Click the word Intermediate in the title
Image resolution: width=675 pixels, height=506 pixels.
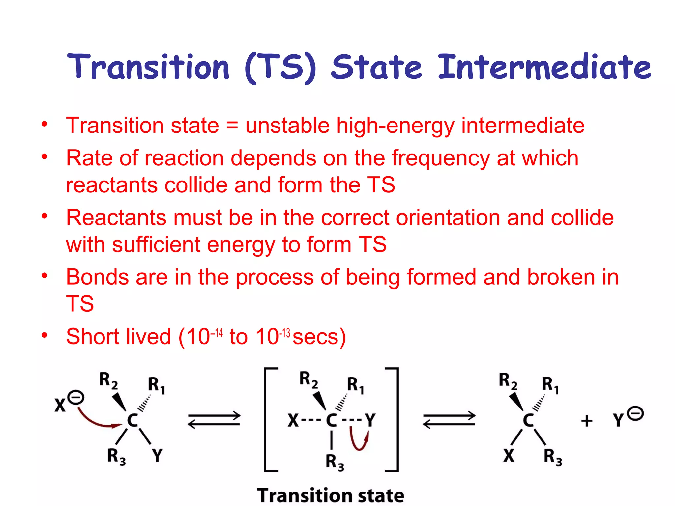coord(544,67)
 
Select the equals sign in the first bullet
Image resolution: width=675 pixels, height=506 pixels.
coord(232,126)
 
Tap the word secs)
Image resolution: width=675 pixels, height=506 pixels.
coord(319,337)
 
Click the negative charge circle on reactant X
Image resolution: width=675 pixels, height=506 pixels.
coord(76,398)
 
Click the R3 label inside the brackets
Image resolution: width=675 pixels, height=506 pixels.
coord(335,462)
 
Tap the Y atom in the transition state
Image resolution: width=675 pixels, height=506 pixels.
coord(370,420)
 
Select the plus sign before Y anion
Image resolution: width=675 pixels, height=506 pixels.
coord(587,421)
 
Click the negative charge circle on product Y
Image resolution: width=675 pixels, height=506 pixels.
coord(635,414)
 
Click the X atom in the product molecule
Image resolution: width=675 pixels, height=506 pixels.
coord(509,456)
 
